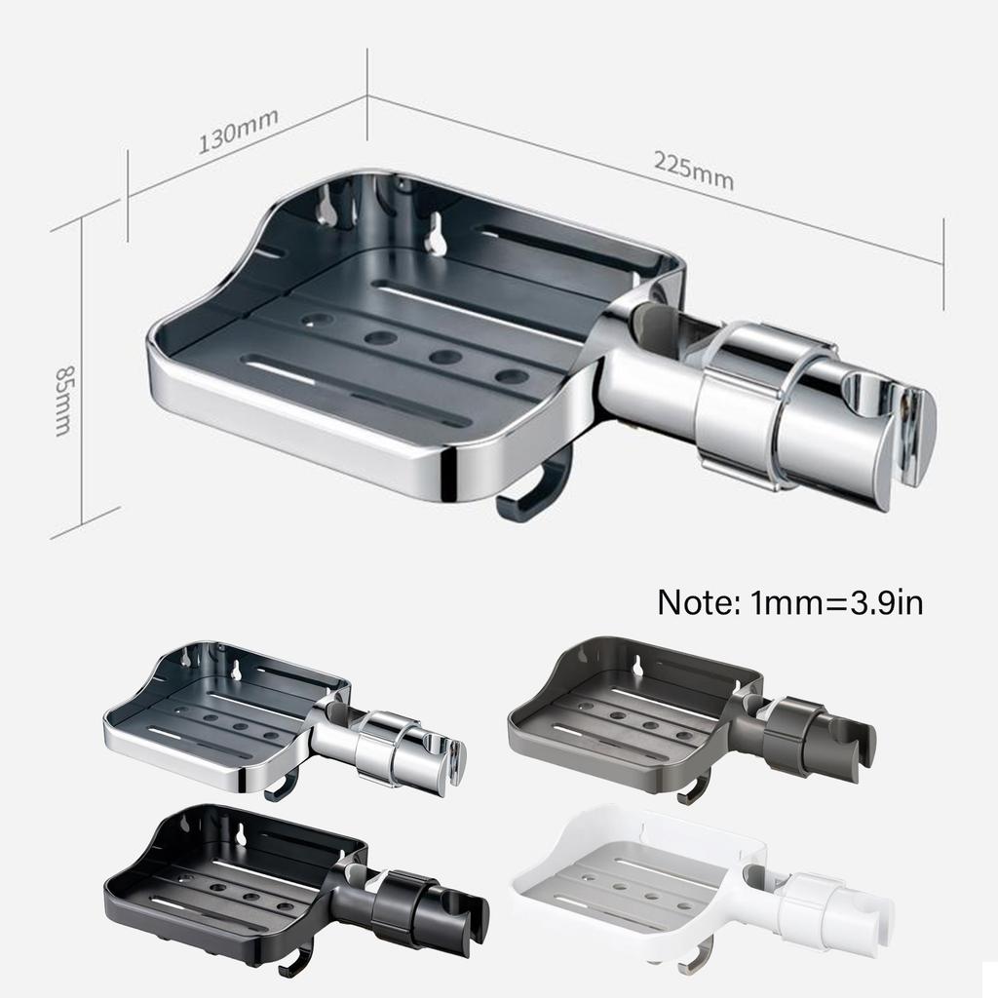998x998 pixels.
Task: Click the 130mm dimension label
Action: [x=239, y=131]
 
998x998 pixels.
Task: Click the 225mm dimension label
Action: [x=693, y=173]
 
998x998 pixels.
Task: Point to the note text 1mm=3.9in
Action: [x=789, y=601]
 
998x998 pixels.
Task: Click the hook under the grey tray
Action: [x=694, y=787]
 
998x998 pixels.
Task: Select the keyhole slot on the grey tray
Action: [x=637, y=667]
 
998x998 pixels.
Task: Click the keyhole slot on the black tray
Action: [x=239, y=833]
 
